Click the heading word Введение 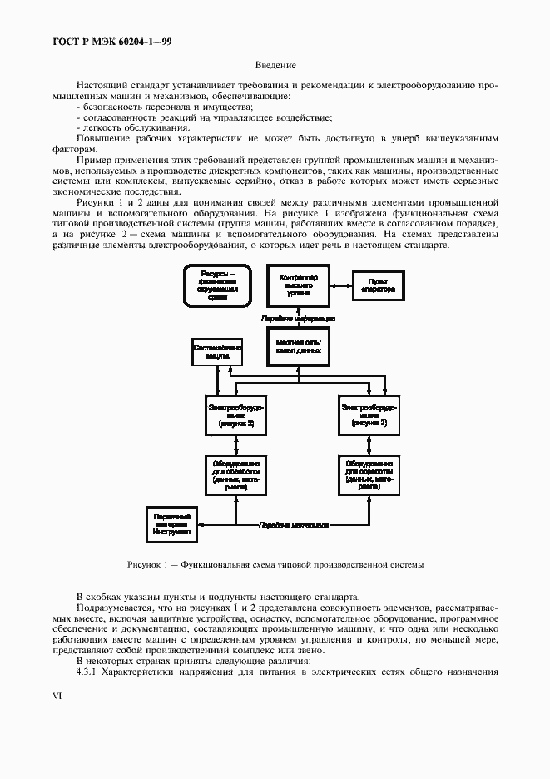[x=275, y=66]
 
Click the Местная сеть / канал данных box [x=298, y=348]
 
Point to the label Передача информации [x=298, y=318]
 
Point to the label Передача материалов [x=293, y=526]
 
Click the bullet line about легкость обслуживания [x=125, y=127]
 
